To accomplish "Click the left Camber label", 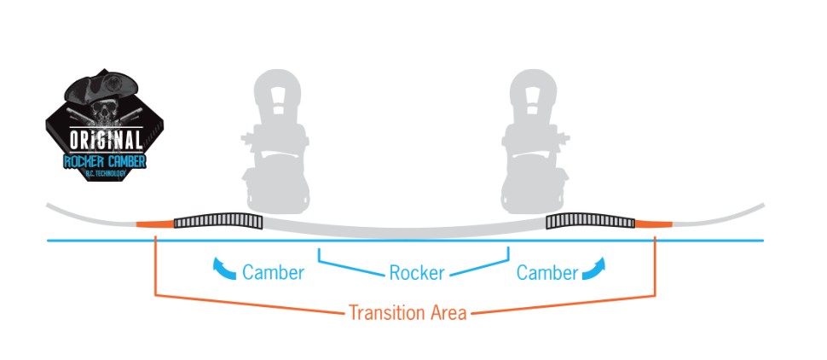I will click(273, 273).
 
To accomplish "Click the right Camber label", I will click(547, 273).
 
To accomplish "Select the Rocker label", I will click(417, 273).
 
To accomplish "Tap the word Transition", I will click(383, 312).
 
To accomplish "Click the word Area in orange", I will click(444, 312).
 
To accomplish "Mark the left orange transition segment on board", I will click(154, 224).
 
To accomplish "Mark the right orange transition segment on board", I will click(654, 224).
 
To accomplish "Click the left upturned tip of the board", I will click(64, 209).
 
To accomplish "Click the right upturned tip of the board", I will click(750, 209).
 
